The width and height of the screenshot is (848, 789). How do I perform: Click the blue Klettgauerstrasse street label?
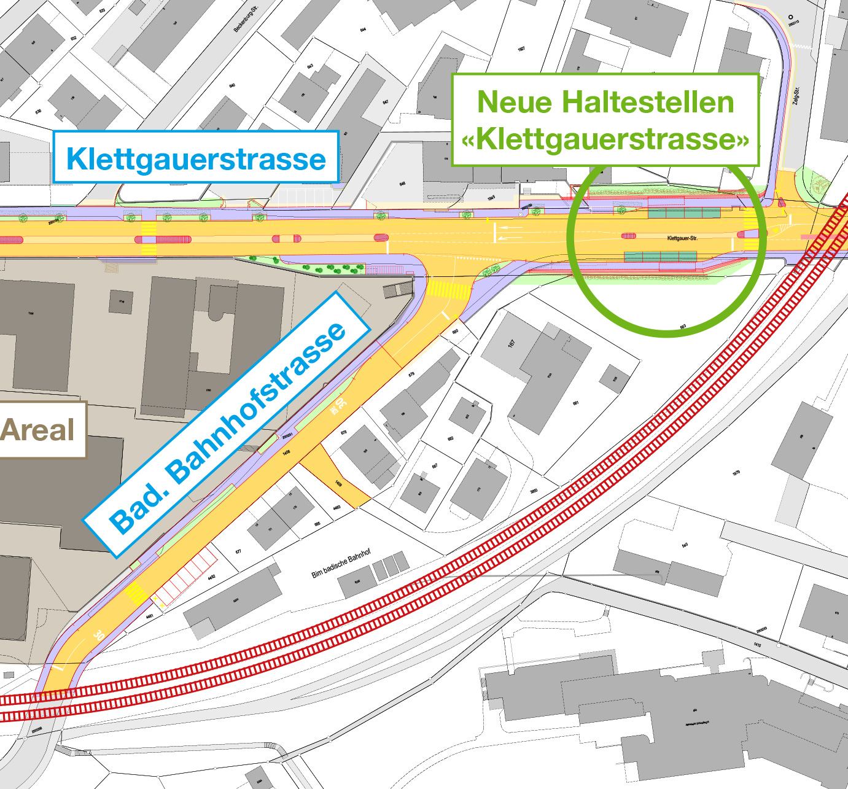[196, 158]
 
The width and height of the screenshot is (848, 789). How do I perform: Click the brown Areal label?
[38, 430]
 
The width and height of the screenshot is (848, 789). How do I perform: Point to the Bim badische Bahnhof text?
[341, 564]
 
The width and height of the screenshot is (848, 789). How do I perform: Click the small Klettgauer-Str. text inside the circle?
[682, 238]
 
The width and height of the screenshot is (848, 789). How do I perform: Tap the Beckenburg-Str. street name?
[246, 18]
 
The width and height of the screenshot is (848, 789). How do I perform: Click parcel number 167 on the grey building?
[512, 344]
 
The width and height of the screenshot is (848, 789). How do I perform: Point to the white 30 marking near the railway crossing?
[99, 635]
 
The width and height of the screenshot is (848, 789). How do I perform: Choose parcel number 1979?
[736, 473]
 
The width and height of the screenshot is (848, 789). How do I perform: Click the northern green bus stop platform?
[684, 213]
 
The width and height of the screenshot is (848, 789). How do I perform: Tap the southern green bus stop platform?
[660, 256]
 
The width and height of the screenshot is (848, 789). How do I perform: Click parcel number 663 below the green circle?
[683, 327]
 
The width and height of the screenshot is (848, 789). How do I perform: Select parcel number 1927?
[521, 49]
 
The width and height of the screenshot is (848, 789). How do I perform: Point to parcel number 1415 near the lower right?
[758, 645]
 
